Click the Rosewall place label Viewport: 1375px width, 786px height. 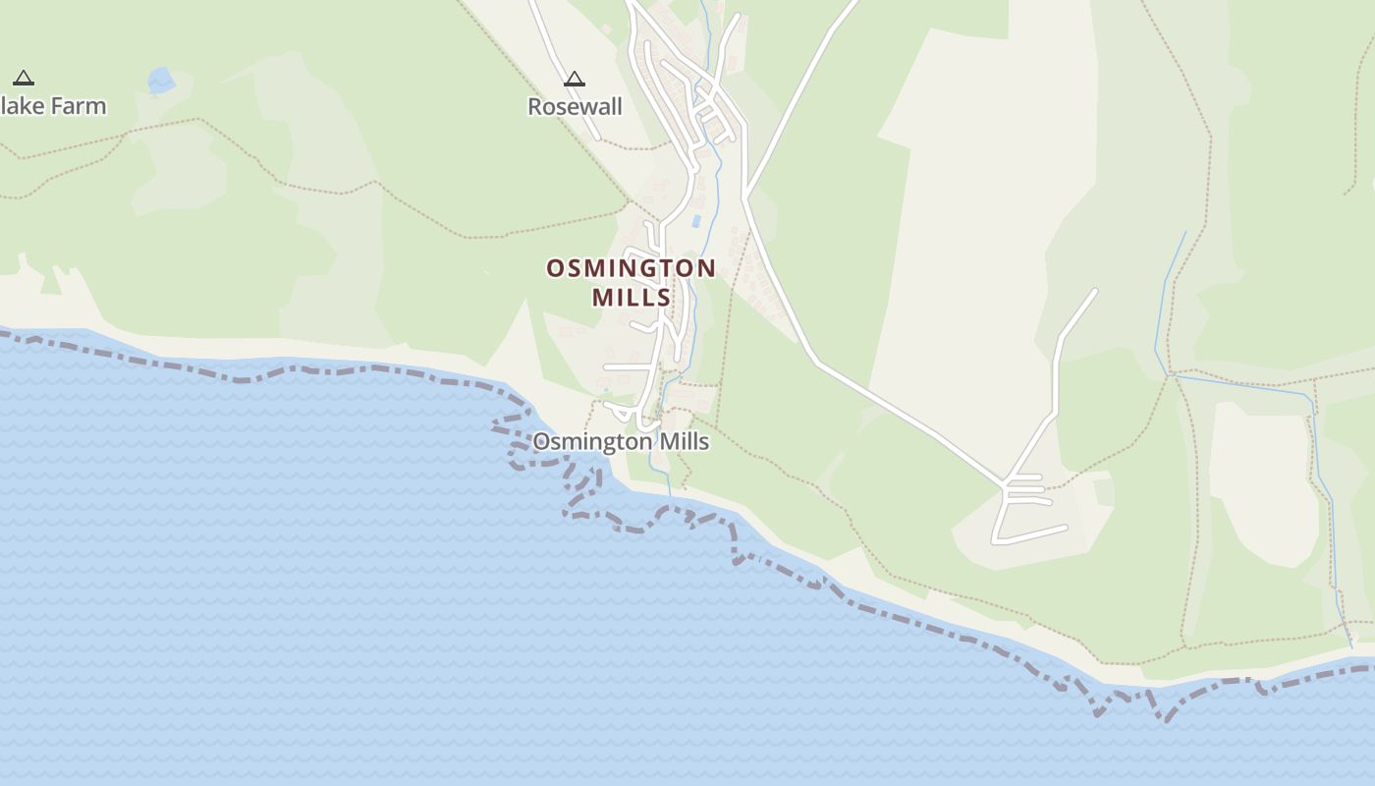pyautogui.click(x=575, y=106)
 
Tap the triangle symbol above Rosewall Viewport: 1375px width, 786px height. pyautogui.click(x=575, y=79)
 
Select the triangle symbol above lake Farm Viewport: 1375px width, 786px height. pyautogui.click(x=24, y=78)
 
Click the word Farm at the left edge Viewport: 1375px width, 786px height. pyautogui.click(x=78, y=106)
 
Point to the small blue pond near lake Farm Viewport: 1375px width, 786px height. pyautogui.click(x=160, y=80)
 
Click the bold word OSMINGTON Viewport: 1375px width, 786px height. pyautogui.click(x=631, y=268)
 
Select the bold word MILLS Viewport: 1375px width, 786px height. pyautogui.click(x=631, y=297)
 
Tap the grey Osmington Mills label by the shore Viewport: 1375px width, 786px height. pyautogui.click(x=620, y=442)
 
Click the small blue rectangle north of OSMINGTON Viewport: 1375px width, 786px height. pyautogui.click(x=695, y=221)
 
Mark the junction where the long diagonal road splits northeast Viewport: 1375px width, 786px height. pyautogui.click(x=745, y=197)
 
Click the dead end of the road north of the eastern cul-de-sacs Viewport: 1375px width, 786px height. pyautogui.click(x=1095, y=290)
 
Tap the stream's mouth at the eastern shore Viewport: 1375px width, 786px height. pyautogui.click(x=1350, y=646)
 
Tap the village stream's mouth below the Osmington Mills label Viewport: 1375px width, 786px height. pyautogui.click(x=671, y=495)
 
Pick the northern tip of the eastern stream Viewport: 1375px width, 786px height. pyautogui.click(x=1185, y=233)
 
